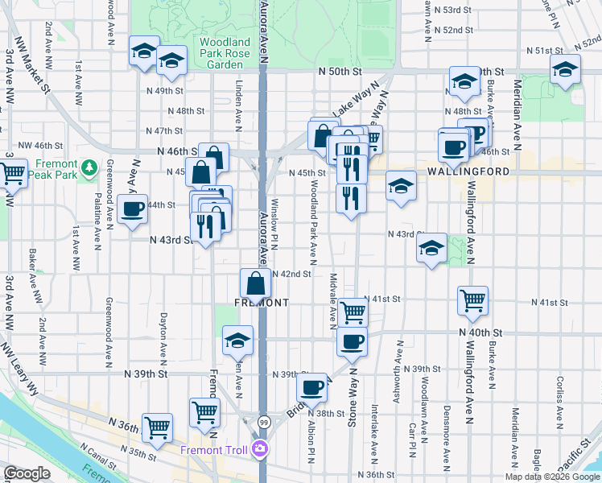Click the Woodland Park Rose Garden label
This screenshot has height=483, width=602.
(225, 53)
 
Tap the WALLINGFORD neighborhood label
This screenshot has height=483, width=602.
(475, 171)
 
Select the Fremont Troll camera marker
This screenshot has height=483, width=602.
(260, 449)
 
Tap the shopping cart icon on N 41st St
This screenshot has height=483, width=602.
(472, 301)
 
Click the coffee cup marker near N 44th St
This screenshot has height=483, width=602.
(131, 210)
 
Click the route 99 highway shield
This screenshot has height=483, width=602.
(263, 422)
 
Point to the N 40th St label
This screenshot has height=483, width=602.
(480, 332)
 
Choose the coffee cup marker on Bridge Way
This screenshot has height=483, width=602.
(311, 387)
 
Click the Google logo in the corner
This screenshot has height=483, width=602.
(27, 473)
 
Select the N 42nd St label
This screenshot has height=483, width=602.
(291, 274)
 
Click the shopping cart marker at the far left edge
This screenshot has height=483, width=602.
(12, 172)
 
